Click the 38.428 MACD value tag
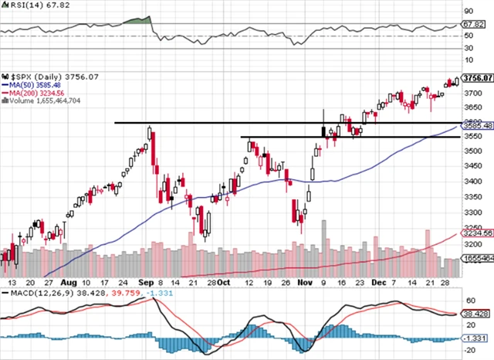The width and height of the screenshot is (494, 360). pos(479,314)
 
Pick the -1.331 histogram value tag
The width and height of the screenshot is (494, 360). pos(479,338)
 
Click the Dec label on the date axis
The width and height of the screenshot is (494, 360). pos(378,284)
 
